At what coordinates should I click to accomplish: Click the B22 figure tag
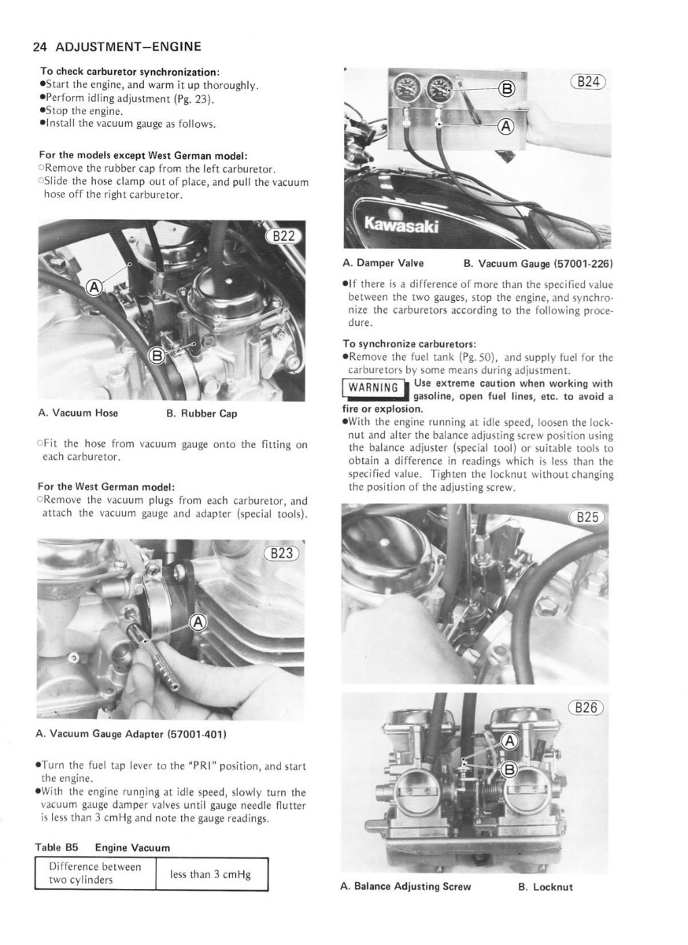(282, 236)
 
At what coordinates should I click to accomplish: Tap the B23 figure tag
(281, 553)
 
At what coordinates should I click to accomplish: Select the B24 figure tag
(589, 81)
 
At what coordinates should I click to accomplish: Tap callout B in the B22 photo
(157, 355)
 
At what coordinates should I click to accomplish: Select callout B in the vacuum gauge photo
(507, 89)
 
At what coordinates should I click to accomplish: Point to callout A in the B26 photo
(509, 741)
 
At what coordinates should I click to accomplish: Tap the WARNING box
(374, 387)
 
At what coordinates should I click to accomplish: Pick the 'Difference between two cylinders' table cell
(94, 874)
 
